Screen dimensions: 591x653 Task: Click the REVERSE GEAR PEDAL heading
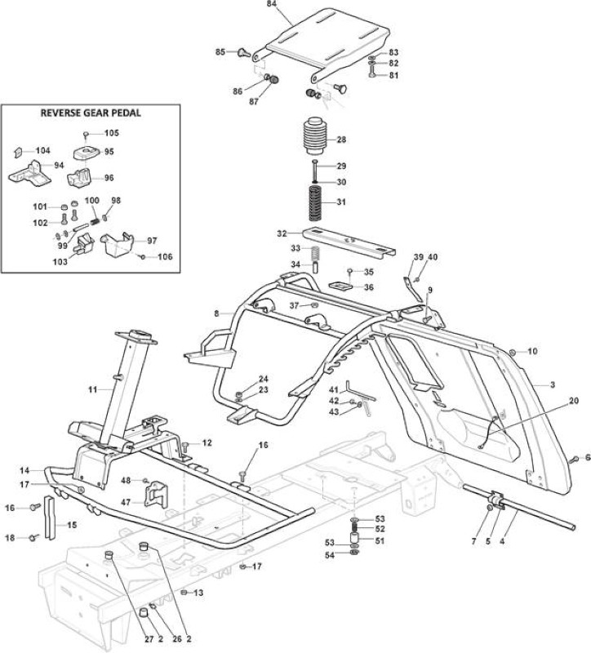click(91, 113)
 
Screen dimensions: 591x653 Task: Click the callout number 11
click(92, 390)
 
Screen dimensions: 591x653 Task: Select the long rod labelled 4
click(518, 507)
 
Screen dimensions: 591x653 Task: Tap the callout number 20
click(574, 401)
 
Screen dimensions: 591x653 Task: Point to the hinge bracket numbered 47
click(155, 495)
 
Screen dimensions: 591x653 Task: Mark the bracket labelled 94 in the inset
click(30, 172)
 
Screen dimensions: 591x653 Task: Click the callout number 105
click(112, 133)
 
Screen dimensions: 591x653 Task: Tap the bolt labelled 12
click(186, 447)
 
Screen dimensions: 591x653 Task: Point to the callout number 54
click(330, 555)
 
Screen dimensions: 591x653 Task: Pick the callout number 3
click(553, 384)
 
